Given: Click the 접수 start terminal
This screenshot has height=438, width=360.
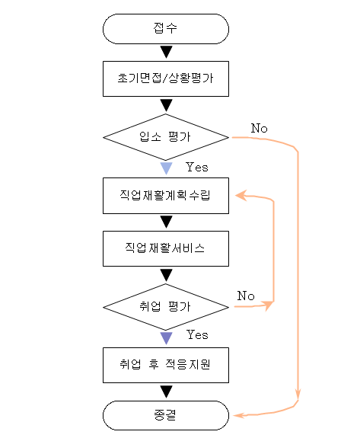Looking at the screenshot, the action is coord(166,29).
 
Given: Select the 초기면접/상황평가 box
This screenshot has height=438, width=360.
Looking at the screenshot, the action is coord(166,78).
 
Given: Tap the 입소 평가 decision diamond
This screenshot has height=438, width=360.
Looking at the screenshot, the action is coord(166,137).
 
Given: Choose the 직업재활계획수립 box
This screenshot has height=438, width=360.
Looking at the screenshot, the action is coord(166,196).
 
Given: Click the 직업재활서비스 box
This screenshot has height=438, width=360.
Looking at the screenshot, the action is coord(166,248).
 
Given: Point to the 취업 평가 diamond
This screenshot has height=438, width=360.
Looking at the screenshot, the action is coord(166,307).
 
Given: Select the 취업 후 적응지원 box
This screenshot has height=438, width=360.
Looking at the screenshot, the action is coord(166,365).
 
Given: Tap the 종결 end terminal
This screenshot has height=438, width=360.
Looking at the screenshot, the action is coord(166,415).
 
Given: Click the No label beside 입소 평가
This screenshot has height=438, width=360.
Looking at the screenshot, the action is coord(260,128).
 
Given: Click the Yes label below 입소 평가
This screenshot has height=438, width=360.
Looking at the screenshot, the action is coord(197,167).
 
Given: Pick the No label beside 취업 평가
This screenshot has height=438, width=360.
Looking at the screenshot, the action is coord(246,296).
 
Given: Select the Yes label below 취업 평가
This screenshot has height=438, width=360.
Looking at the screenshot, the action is coord(197,334).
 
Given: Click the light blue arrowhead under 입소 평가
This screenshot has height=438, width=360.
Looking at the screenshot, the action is coord(166,168).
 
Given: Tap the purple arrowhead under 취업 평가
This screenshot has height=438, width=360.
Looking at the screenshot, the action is coord(166,338).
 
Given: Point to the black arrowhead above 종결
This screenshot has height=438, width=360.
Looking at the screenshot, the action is coord(166,392).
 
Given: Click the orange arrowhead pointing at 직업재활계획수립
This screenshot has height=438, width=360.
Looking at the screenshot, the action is coord(241,195).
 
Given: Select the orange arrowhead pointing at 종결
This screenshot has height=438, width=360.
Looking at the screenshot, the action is coord(239,415).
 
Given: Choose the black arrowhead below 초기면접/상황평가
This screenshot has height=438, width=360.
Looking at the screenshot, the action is coord(166,105).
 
